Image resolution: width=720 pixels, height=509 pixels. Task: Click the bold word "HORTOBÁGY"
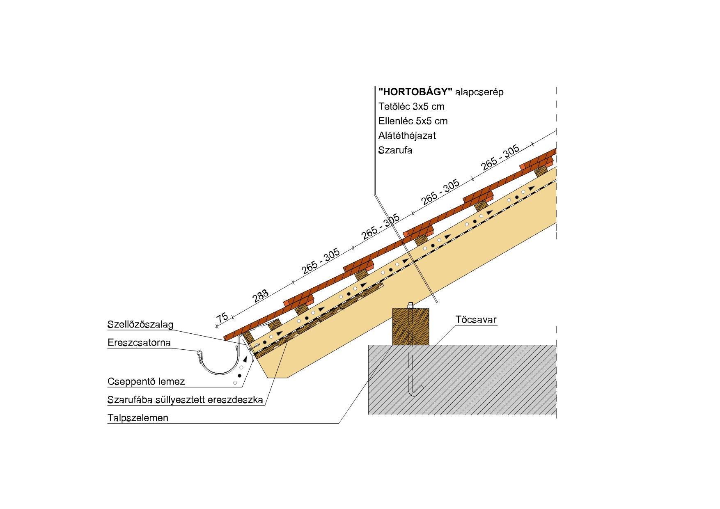415,92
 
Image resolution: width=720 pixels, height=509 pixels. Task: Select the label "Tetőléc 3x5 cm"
411,107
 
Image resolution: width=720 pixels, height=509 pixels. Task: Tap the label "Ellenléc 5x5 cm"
413,121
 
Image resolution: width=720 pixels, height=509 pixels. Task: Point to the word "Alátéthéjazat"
407,135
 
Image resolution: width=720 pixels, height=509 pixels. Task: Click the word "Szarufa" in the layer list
395,150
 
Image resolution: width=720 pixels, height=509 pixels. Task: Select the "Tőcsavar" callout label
476,319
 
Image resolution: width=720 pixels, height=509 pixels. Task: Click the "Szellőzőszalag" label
140,324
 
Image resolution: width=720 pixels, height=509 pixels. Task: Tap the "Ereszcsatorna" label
139,342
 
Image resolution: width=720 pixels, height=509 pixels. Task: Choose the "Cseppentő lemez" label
146,382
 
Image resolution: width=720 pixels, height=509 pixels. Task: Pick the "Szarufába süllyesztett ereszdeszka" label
185,400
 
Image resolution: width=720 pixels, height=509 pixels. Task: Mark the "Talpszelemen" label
138,418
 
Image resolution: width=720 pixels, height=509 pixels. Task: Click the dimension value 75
222,318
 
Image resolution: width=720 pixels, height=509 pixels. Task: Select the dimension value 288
261,296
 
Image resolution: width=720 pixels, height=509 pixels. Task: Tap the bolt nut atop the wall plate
410,306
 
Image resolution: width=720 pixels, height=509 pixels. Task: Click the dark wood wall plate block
410,327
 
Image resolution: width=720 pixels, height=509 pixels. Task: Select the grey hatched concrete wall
462,380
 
